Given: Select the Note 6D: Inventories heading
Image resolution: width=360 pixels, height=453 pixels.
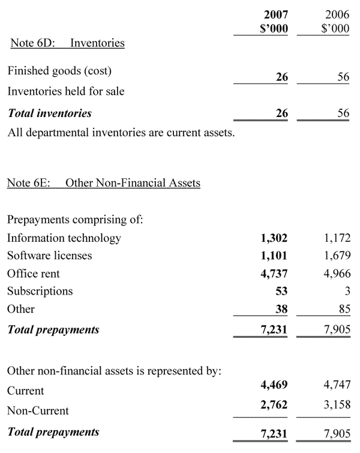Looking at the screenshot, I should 67,43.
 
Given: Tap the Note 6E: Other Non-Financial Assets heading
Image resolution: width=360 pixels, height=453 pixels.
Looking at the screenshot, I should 103,182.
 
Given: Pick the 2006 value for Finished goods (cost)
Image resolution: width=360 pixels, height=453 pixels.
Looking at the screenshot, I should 343,77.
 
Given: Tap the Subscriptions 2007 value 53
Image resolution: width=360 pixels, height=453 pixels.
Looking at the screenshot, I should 281,292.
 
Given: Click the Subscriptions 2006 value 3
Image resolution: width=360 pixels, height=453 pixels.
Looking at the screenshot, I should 346,292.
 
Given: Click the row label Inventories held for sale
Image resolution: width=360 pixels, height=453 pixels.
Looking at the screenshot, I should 66,92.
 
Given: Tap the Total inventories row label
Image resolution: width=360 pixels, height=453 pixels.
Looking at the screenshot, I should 49,113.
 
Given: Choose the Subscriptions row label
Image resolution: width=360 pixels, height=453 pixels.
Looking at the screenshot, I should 40,292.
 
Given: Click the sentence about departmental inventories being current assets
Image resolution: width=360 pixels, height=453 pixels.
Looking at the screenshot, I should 121,132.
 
